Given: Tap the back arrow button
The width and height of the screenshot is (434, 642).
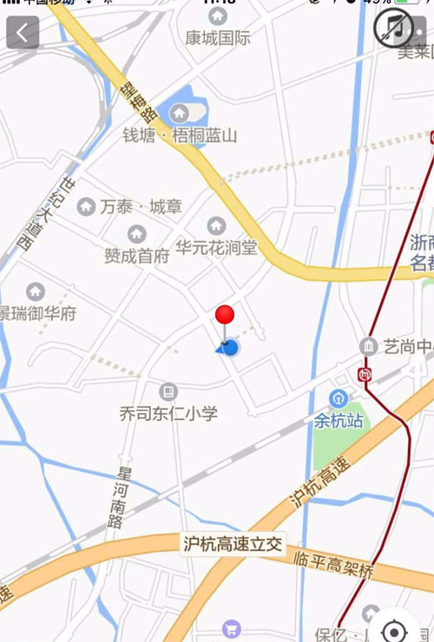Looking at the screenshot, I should point(23,33).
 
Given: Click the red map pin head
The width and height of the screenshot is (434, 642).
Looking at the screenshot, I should point(225,314).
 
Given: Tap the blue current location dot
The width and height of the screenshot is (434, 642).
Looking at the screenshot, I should point(230,348).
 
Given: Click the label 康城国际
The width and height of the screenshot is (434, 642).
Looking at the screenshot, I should point(218,37).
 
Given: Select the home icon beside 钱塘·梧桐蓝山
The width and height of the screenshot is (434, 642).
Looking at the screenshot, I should point(180,113).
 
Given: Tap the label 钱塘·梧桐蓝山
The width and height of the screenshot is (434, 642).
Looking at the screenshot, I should point(180,135).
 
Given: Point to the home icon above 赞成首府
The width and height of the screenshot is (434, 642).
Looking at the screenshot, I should point(136,233).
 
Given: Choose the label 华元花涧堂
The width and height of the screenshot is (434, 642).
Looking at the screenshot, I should point(216,248).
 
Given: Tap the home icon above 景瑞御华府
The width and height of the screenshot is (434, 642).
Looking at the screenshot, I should point(36,292).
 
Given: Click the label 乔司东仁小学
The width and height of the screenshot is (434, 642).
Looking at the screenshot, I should point(168,414).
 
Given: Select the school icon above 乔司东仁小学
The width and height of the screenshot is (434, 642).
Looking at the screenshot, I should point(168,391).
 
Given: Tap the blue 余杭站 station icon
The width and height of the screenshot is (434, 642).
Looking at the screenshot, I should point(337,399).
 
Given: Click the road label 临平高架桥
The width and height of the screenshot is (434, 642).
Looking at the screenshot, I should point(333,565).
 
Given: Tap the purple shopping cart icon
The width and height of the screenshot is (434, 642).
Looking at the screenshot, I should point(231,629).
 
